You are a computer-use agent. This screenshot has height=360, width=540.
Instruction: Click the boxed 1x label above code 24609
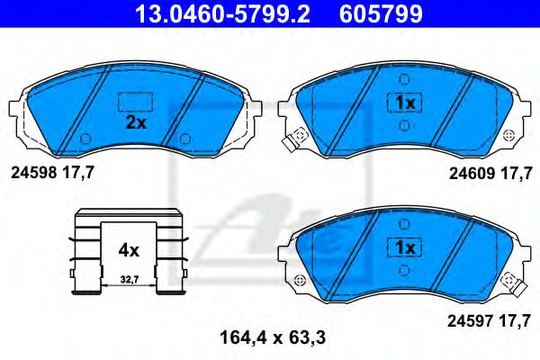pos(403,103)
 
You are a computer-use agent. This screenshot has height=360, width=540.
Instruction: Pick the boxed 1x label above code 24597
pos(403,246)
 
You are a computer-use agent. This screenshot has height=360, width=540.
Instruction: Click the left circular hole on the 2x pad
pos(85,139)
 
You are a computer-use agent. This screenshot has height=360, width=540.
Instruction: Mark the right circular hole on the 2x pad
pos(184,139)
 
